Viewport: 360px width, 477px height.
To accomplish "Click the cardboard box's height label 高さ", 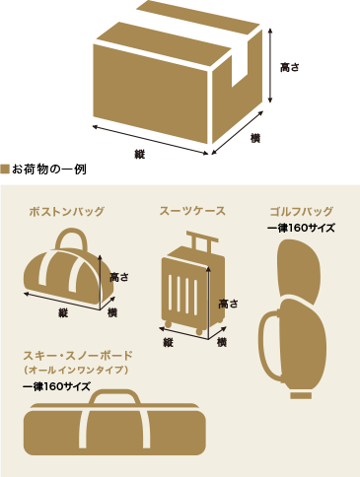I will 289,68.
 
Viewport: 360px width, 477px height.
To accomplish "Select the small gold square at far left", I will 5,170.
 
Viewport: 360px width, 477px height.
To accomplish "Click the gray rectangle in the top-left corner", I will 40,63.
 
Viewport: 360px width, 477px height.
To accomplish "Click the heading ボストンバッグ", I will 66,212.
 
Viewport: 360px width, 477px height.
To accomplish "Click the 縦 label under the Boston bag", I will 63,312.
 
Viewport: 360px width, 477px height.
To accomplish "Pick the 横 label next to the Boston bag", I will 111,312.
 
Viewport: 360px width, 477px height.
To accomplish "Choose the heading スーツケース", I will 192,211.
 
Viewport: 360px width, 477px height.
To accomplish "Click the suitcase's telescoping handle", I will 199,239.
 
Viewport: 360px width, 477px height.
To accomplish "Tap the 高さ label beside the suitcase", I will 228,304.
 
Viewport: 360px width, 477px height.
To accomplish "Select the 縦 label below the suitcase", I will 169,342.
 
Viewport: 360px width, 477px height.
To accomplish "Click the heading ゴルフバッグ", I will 301,212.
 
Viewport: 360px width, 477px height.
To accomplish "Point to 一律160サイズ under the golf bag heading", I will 301,228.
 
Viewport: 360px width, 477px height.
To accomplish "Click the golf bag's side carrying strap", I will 264,345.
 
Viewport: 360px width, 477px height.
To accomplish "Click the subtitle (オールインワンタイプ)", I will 75,370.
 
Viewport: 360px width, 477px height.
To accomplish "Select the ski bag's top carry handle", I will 113,400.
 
